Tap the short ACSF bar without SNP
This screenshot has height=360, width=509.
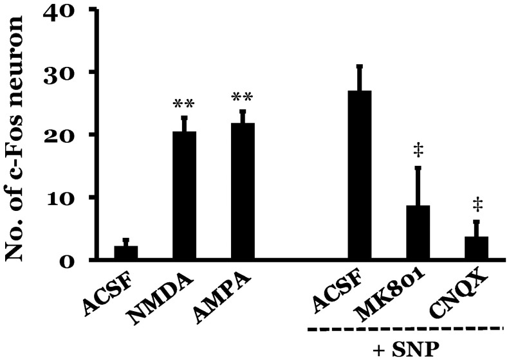coord(126,253)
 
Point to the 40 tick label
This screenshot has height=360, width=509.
coord(62,11)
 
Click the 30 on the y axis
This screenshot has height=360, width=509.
coord(62,73)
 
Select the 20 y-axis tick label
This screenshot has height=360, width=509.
coord(62,135)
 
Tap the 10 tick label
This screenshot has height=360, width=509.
coord(62,197)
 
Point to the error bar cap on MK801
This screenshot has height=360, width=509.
coord(418,168)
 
